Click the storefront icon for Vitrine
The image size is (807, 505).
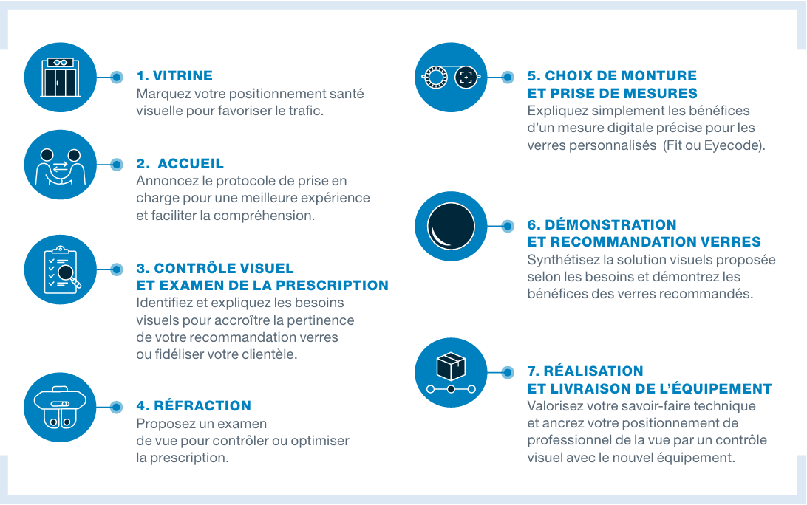60,77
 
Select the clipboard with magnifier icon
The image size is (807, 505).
62,270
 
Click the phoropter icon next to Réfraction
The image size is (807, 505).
60,408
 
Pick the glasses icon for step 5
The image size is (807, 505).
451,77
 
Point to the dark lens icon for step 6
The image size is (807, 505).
451,226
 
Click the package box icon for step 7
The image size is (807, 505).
451,366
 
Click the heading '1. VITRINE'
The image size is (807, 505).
174,75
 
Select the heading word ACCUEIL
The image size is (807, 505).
191,163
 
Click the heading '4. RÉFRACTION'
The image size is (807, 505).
194,405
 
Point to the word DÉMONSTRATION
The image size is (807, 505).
610,224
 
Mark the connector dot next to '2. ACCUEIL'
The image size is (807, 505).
116,165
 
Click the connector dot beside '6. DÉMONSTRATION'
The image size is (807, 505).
508,226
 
